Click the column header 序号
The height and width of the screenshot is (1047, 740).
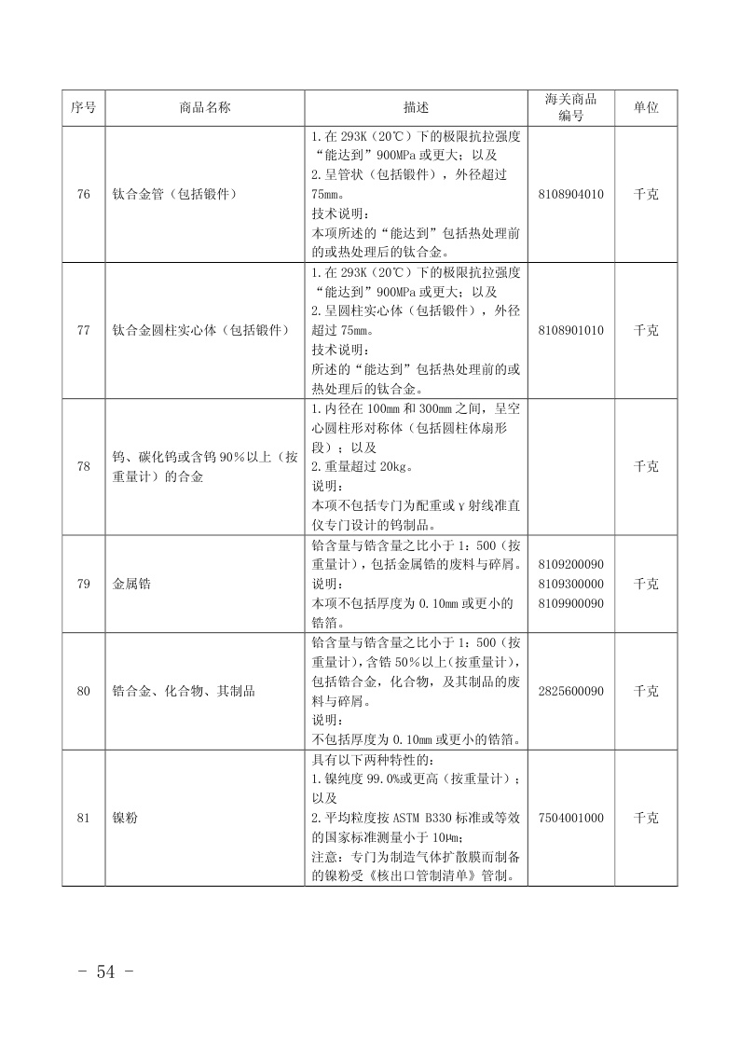point(83,108)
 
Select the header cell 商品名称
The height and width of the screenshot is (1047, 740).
point(204,108)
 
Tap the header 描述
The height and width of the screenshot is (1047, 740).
point(416,108)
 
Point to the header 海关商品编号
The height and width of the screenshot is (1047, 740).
point(570,107)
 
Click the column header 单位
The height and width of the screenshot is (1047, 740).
point(646,108)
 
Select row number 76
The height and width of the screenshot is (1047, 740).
point(83,195)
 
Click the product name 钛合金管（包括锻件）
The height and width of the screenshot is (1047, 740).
point(174,195)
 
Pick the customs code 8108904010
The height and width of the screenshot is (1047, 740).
point(570,195)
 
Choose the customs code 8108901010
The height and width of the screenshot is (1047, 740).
point(570,330)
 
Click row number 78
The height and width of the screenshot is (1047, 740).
point(83,466)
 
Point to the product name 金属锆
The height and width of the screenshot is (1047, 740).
point(131,584)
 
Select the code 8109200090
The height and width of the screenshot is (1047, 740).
point(570,564)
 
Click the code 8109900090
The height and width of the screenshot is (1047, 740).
point(570,603)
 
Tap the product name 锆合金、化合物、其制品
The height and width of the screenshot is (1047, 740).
point(184,691)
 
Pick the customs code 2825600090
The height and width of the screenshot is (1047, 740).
point(570,691)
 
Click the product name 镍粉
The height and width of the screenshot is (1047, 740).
point(125,818)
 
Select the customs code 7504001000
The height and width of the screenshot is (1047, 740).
point(570,818)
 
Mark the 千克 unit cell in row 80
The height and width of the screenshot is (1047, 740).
point(646,691)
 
